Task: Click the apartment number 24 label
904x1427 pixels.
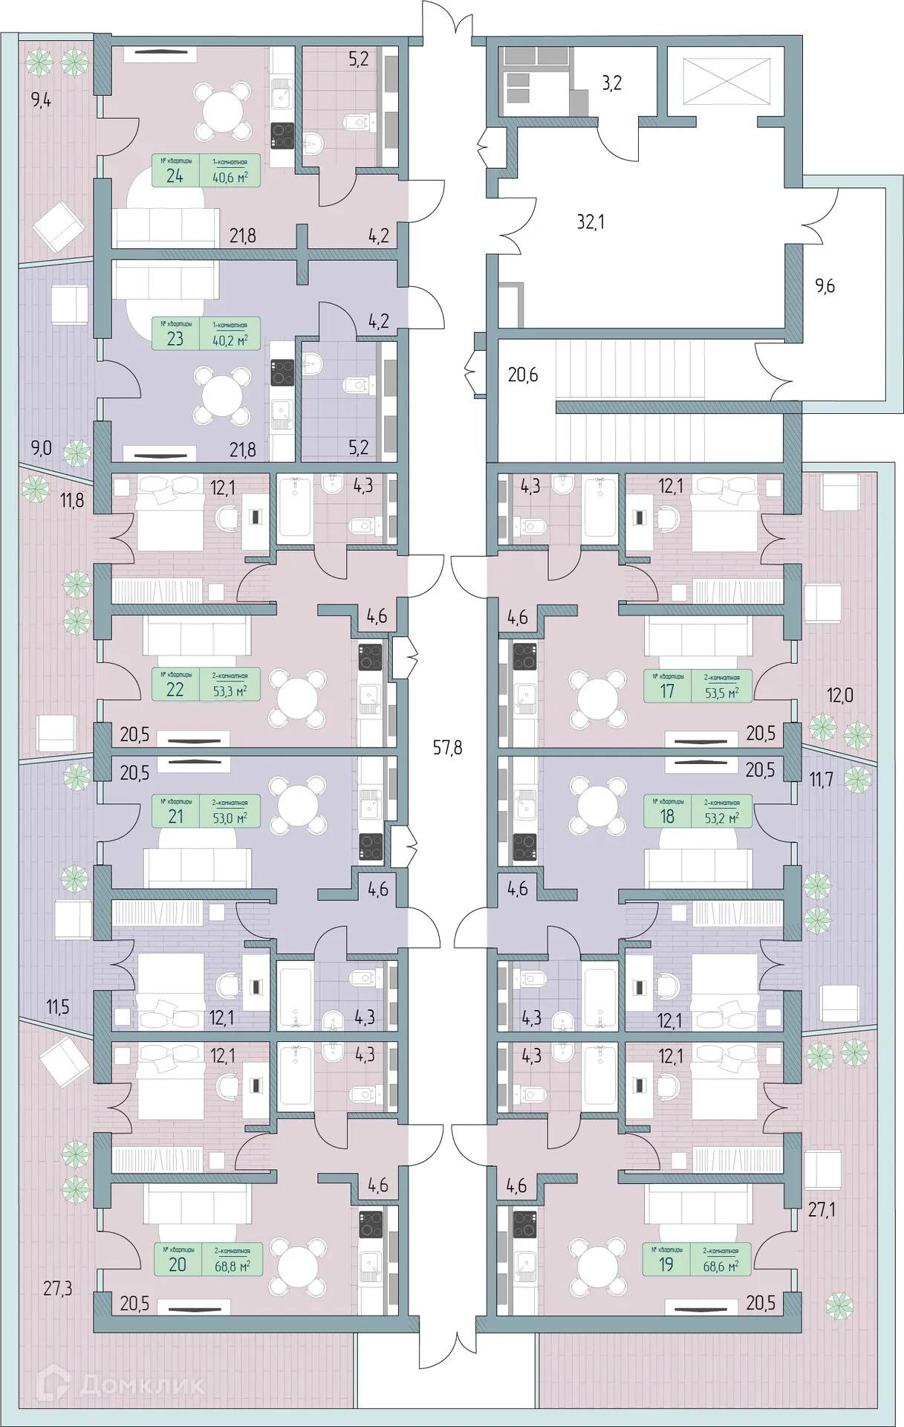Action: click(x=175, y=176)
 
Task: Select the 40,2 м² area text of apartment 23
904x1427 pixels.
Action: click(x=230, y=340)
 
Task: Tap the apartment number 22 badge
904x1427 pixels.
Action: click(x=175, y=689)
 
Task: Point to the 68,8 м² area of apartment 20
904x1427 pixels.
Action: click(x=232, y=1266)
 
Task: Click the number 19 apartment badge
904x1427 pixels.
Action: click(x=666, y=1264)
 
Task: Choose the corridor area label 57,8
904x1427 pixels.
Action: click(x=447, y=748)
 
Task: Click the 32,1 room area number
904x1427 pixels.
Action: click(x=591, y=221)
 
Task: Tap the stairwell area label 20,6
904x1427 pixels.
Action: click(x=522, y=375)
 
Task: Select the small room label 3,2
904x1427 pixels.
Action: click(x=611, y=82)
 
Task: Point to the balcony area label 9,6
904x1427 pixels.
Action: click(x=825, y=285)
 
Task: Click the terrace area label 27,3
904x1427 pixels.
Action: click(x=57, y=1288)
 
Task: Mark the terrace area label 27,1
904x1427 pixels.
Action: click(x=822, y=1210)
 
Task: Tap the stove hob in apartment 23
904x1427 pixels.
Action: click(x=282, y=372)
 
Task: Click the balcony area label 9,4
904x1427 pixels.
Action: click(x=41, y=100)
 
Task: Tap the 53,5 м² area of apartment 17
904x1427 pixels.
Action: click(x=721, y=693)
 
